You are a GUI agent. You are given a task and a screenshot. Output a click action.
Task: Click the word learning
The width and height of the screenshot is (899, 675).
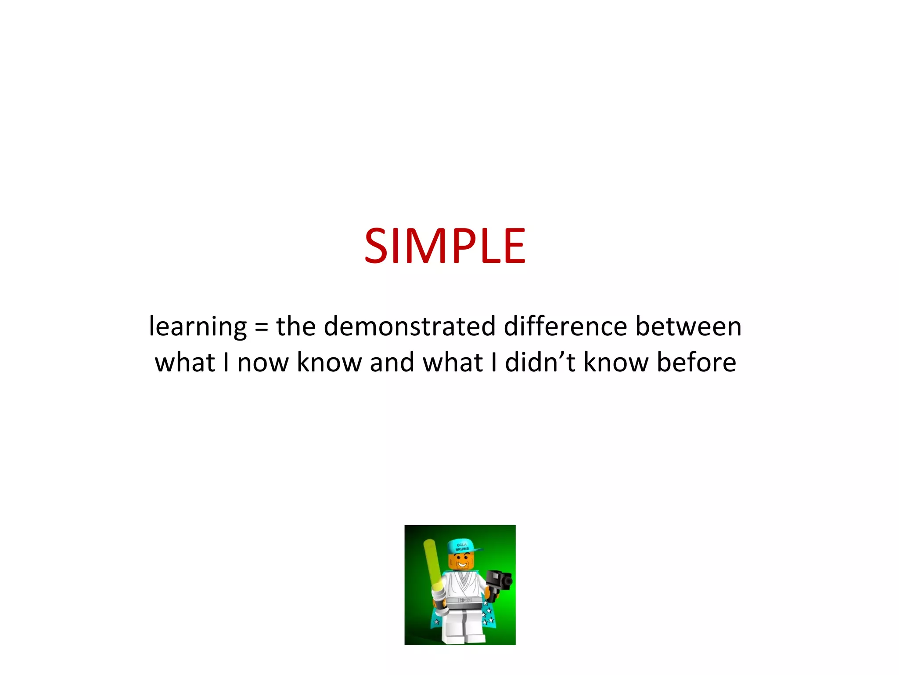[x=198, y=327]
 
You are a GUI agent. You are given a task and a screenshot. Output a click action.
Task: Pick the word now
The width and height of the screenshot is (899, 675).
[x=263, y=363]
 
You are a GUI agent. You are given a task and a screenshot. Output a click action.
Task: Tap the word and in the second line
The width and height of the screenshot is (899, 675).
[x=392, y=363]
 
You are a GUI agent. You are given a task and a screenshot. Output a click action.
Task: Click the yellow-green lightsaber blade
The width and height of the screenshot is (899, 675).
[x=432, y=562]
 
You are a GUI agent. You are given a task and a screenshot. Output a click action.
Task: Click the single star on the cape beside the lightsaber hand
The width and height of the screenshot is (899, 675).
[x=436, y=622]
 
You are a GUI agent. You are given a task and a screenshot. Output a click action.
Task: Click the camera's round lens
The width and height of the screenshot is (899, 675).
[x=508, y=581]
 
